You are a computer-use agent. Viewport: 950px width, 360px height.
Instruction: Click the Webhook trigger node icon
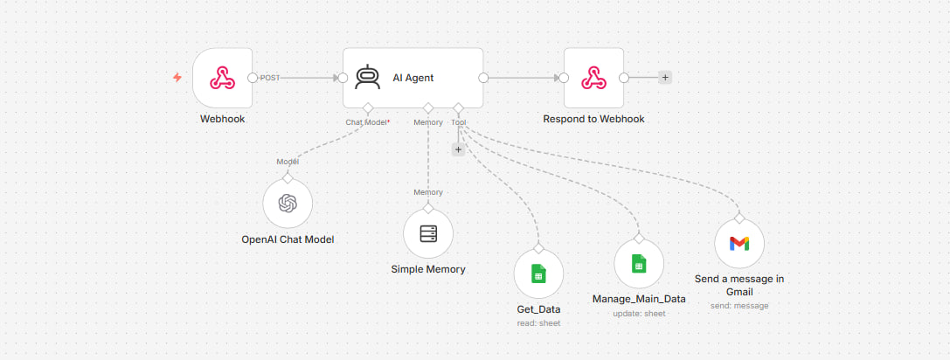click(x=222, y=78)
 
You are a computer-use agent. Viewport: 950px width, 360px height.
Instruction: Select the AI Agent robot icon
click(x=367, y=78)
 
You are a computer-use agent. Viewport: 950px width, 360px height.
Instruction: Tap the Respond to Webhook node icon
click(x=593, y=78)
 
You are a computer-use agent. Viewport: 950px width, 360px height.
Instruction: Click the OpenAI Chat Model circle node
click(x=288, y=204)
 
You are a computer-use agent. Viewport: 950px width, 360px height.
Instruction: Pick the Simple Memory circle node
click(x=428, y=233)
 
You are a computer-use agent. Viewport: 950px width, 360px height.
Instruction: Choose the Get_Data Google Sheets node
click(x=538, y=274)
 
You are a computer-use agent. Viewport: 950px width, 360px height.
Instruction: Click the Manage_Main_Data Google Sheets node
click(x=639, y=264)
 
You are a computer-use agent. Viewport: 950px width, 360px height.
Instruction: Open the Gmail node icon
click(x=739, y=243)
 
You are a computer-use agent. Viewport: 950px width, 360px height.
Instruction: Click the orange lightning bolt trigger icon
click(x=177, y=78)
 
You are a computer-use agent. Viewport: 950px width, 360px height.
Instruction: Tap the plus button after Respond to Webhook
click(x=665, y=78)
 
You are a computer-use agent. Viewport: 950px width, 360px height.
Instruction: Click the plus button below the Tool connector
click(x=458, y=149)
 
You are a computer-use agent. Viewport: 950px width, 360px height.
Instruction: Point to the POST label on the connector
click(x=269, y=78)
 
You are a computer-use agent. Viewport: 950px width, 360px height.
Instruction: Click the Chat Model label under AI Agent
click(x=366, y=122)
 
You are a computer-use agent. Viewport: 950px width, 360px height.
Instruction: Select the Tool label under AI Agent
click(x=459, y=122)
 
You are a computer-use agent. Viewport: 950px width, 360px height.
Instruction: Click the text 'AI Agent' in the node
click(x=413, y=78)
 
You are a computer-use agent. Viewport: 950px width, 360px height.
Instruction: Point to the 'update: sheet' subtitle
click(x=639, y=314)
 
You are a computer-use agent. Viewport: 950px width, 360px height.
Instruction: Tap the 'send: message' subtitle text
click(x=739, y=306)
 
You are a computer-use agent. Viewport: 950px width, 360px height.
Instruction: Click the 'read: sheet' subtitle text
click(x=538, y=323)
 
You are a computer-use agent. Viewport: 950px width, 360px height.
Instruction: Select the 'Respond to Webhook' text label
click(x=593, y=120)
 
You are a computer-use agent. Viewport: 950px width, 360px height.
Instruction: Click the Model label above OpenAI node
click(x=288, y=162)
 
